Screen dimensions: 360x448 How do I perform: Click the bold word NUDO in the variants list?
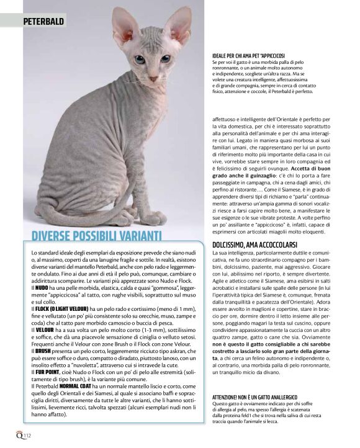(42, 289)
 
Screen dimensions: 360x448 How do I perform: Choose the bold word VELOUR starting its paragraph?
(44, 329)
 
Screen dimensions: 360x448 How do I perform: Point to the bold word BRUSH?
(43, 350)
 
